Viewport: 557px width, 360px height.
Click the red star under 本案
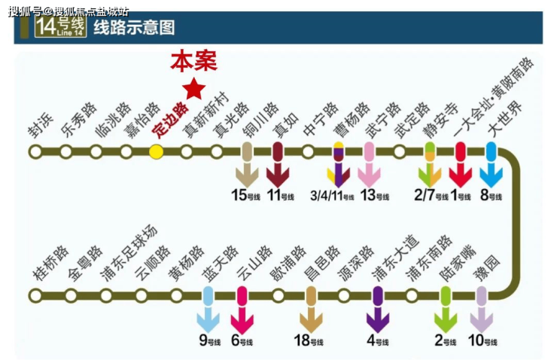click(x=194, y=90)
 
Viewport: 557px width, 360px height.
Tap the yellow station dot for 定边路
click(x=156, y=151)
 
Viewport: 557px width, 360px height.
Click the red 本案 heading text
click(x=193, y=61)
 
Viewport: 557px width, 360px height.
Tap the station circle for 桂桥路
click(x=35, y=295)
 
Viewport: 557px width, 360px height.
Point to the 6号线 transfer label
click(x=242, y=340)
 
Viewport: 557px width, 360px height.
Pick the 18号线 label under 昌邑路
click(x=308, y=340)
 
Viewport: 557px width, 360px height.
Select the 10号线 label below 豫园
click(x=482, y=340)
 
